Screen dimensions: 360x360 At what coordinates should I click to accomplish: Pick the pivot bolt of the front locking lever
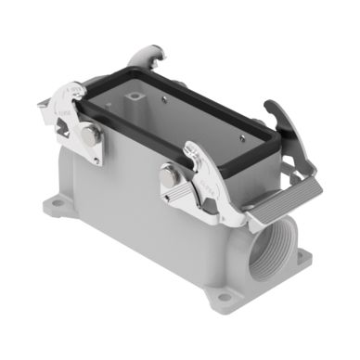coord(170,175)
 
